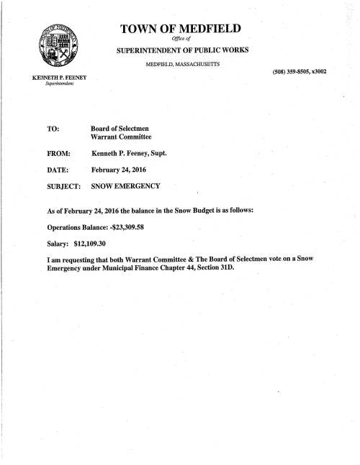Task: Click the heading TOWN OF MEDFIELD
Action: tap(180, 29)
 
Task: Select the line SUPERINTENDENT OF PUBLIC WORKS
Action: tap(180, 53)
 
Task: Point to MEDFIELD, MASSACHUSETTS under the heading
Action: tap(180, 68)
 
